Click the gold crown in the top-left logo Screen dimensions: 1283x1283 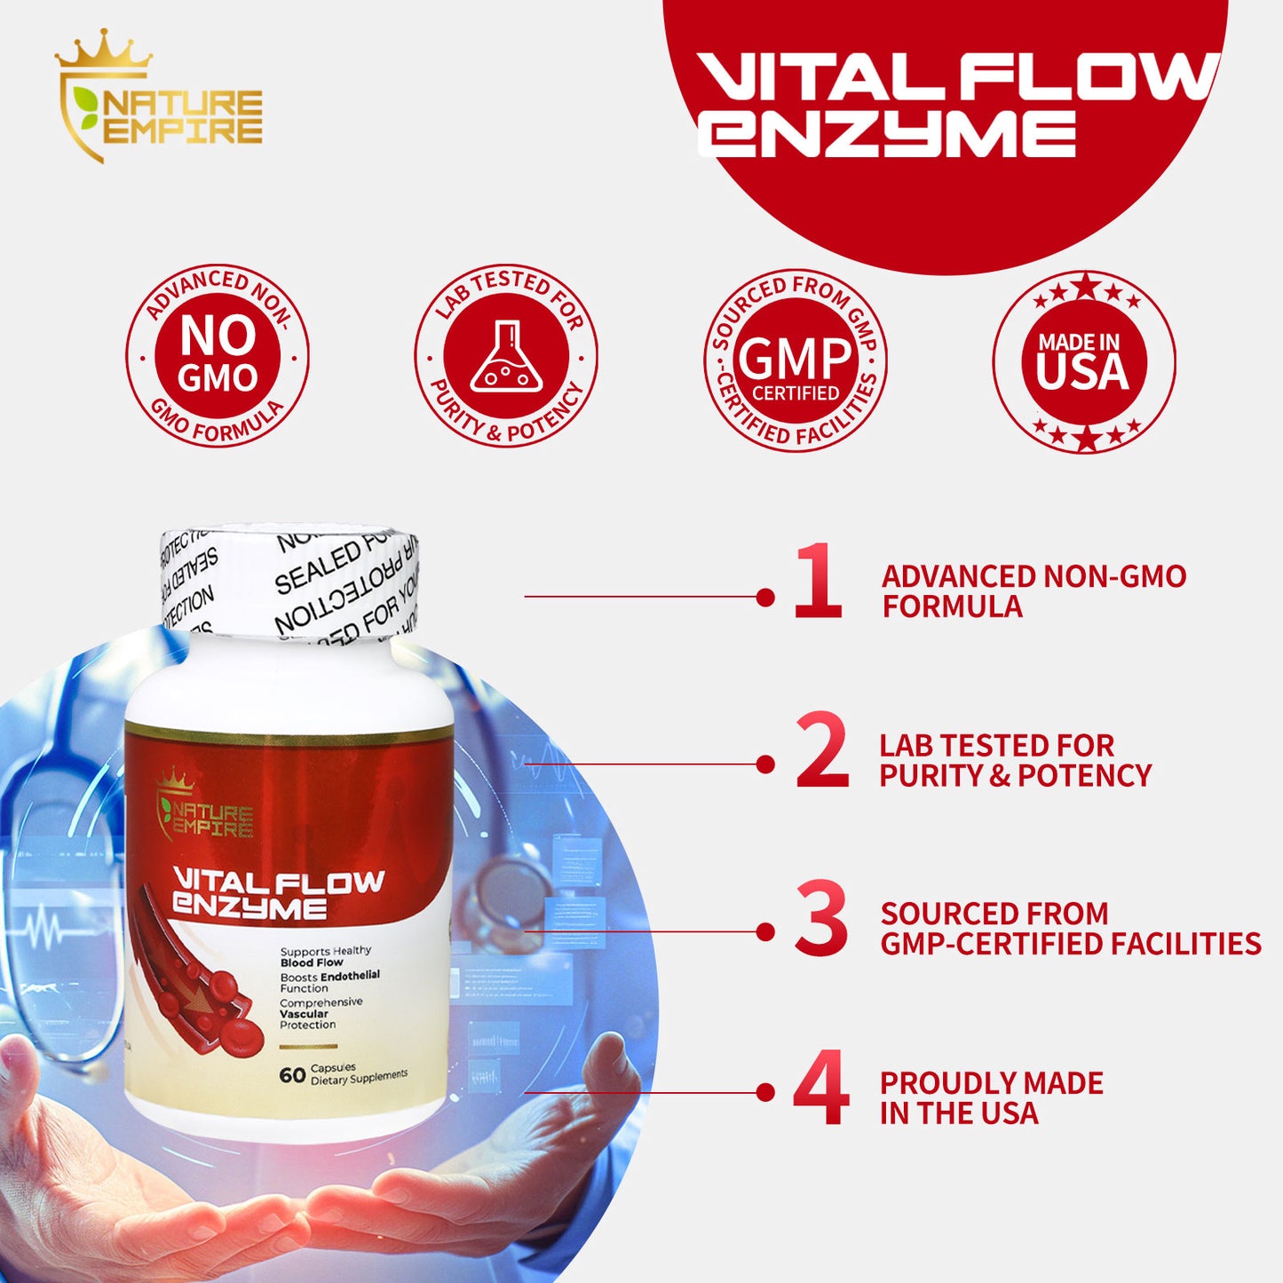click(x=104, y=51)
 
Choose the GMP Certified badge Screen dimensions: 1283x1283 click(x=795, y=360)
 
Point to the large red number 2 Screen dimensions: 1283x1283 click(x=821, y=751)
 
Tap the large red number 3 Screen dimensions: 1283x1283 click(x=821, y=919)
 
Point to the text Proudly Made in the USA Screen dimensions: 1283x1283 click(x=991, y=1097)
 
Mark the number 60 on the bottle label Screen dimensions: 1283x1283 click(x=292, y=1075)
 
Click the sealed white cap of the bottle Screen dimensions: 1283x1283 click(x=289, y=582)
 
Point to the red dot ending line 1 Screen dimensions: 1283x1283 click(x=765, y=597)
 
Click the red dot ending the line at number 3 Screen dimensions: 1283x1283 click(x=765, y=931)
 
